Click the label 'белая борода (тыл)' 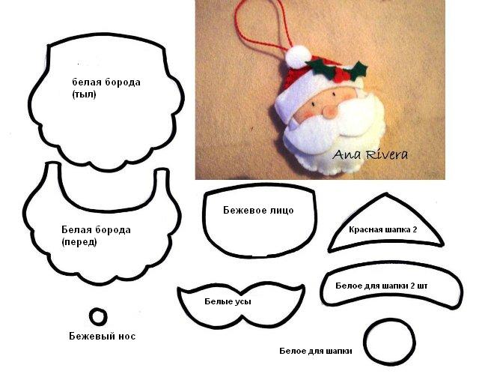point(106,88)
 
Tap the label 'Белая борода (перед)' point(96,235)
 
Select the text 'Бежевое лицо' point(258,210)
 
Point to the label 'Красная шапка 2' point(382,229)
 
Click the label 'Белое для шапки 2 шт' point(381,286)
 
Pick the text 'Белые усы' point(228,301)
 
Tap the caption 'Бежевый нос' point(102,337)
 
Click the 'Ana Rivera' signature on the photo point(370,154)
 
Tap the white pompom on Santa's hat point(298,56)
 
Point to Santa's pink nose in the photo point(331,112)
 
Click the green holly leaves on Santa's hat point(336,70)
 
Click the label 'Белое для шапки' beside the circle point(316,351)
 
